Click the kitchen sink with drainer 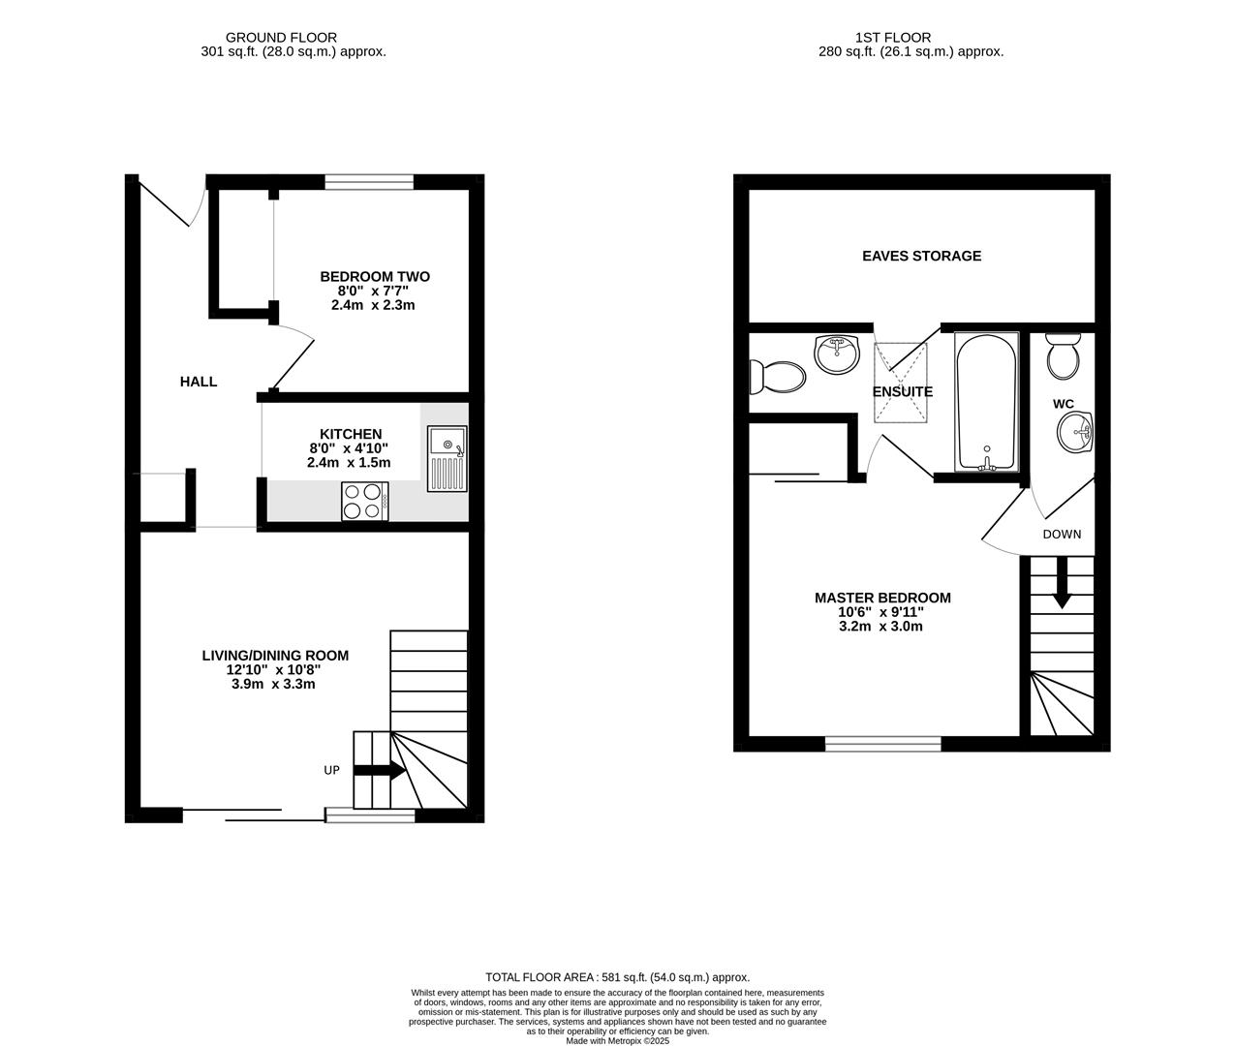click(447, 459)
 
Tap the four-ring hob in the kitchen click(364, 501)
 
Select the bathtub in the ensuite click(986, 401)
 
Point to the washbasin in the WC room click(1075, 432)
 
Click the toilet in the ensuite click(777, 377)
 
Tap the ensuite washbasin click(837, 354)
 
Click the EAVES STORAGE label click(921, 256)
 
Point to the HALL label click(199, 382)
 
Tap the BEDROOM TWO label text click(375, 277)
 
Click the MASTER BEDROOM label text click(882, 598)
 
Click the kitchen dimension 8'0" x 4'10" click(349, 448)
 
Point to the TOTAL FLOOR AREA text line click(617, 977)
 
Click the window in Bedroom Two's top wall click(369, 181)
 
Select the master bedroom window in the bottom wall click(882, 744)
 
